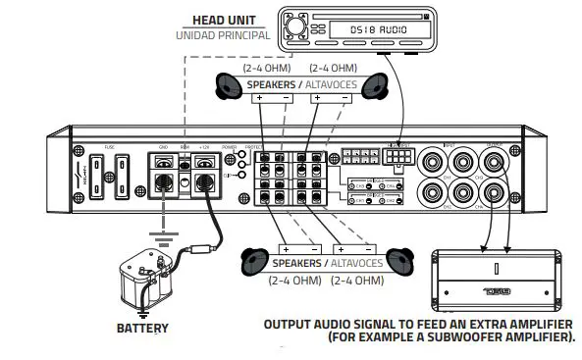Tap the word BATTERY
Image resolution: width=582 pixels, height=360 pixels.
[142, 329]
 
